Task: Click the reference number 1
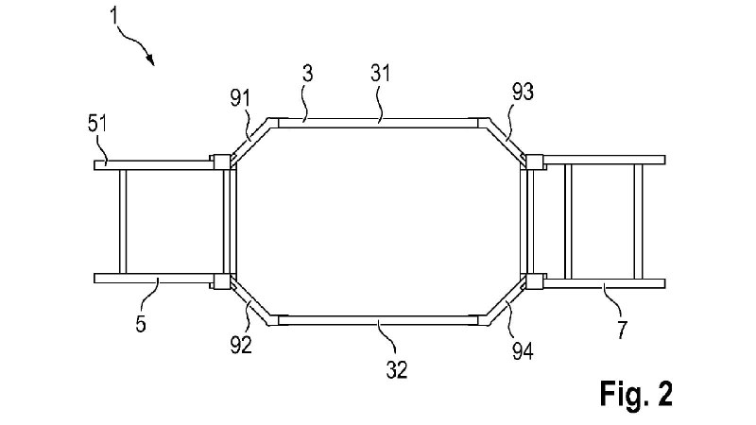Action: point(113,15)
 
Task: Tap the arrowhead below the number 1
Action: point(151,60)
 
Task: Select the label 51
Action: point(97,124)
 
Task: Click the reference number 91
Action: point(240,99)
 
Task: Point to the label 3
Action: point(308,74)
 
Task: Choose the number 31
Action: point(381,74)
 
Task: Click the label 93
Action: point(523,92)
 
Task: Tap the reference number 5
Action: point(140,324)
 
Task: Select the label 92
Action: point(241,345)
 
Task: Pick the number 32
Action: point(397,369)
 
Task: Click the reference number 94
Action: point(523,351)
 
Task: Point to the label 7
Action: point(623,330)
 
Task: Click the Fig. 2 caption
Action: point(636,394)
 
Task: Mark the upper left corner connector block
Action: point(222,161)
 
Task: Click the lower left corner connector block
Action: point(222,281)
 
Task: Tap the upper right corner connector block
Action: point(534,161)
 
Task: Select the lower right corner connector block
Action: point(534,281)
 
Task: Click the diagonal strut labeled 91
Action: point(250,140)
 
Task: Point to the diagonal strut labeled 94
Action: point(506,302)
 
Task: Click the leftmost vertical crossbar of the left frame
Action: point(123,222)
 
